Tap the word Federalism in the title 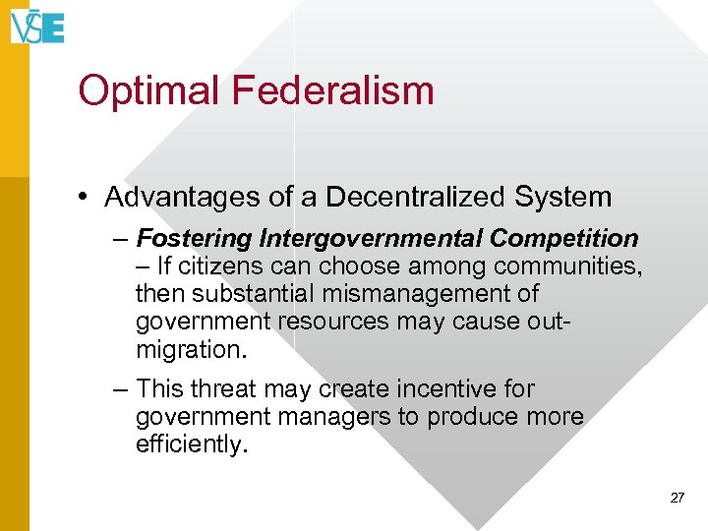pos(332,90)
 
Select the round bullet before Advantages pos(87,198)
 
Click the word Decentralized pos(412,198)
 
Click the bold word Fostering pos(196,239)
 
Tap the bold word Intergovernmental pos(372,239)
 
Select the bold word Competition pos(564,239)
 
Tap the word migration pos(190,349)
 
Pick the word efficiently pos(191,444)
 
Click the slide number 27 pos(677,499)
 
